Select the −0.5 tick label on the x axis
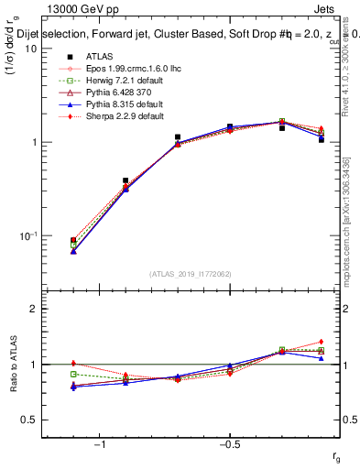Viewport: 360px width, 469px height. tap(228, 444)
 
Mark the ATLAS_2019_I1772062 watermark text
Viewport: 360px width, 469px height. tap(191, 274)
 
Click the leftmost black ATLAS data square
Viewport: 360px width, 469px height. tap(73, 240)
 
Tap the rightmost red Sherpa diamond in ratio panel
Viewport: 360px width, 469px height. tap(322, 342)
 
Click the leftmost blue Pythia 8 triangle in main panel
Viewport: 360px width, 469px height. tap(73, 250)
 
